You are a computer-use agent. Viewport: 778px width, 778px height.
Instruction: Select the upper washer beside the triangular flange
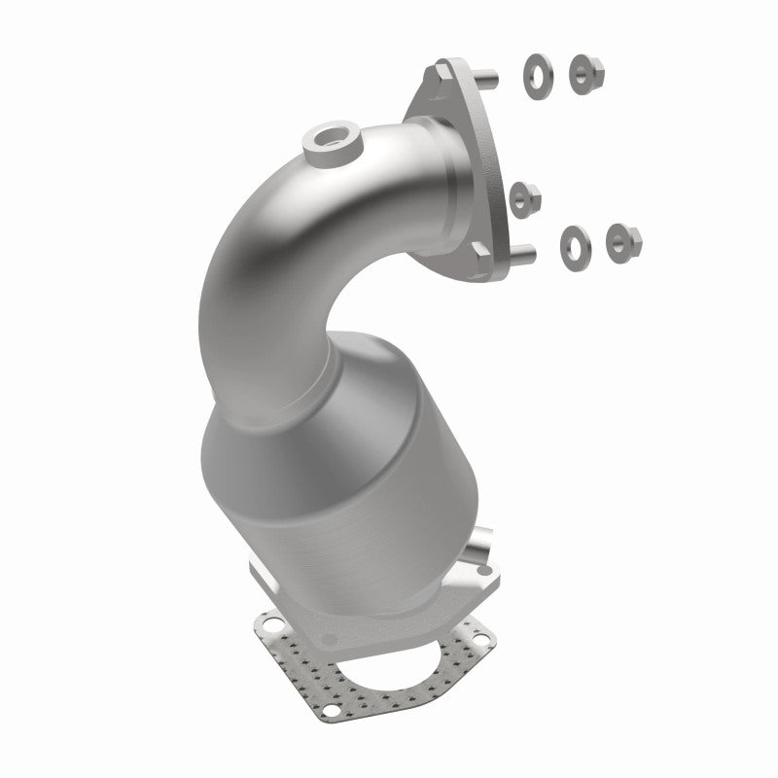click(536, 70)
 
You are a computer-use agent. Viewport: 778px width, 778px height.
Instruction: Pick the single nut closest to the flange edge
click(522, 197)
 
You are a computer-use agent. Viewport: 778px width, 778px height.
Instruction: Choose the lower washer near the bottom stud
click(572, 243)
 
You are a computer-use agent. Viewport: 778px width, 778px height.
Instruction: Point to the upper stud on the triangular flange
click(489, 75)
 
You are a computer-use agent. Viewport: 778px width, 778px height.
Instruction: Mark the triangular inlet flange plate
click(457, 165)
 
